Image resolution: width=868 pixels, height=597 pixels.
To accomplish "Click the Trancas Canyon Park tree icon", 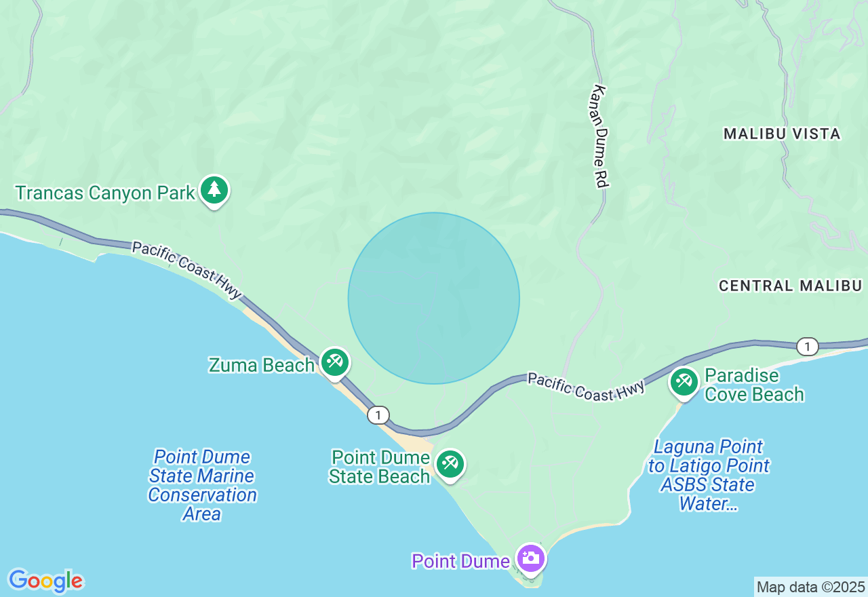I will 214,190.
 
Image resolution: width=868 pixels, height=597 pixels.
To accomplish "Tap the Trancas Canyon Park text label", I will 105,193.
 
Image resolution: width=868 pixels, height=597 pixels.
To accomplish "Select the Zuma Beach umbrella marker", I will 334,362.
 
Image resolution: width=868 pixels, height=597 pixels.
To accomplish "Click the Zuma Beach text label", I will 261,365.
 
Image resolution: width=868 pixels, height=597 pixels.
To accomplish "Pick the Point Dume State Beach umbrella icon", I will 449,464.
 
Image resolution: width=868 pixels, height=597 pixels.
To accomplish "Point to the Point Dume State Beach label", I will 380,467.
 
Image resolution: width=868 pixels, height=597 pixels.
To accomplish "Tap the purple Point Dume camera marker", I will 530,559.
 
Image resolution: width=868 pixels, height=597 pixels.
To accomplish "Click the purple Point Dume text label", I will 460,561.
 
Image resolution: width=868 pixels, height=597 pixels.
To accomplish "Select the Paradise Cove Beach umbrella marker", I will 684,383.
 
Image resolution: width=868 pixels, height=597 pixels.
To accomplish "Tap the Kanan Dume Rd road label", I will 601,136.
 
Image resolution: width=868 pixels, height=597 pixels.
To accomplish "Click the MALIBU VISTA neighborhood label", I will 782,134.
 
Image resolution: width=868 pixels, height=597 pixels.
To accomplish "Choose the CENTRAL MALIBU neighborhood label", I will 790,286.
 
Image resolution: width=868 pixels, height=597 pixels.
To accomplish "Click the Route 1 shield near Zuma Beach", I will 378,415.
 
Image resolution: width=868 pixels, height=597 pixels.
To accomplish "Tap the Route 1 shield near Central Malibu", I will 807,347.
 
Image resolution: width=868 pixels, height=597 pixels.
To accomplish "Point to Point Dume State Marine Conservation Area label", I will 202,485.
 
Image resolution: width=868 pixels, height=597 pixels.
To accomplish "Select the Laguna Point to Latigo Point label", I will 709,475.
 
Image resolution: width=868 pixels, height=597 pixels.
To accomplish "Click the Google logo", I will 45,581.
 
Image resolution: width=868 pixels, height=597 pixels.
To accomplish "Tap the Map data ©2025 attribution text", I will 810,587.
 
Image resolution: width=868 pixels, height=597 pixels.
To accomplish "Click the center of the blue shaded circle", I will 434,298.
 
